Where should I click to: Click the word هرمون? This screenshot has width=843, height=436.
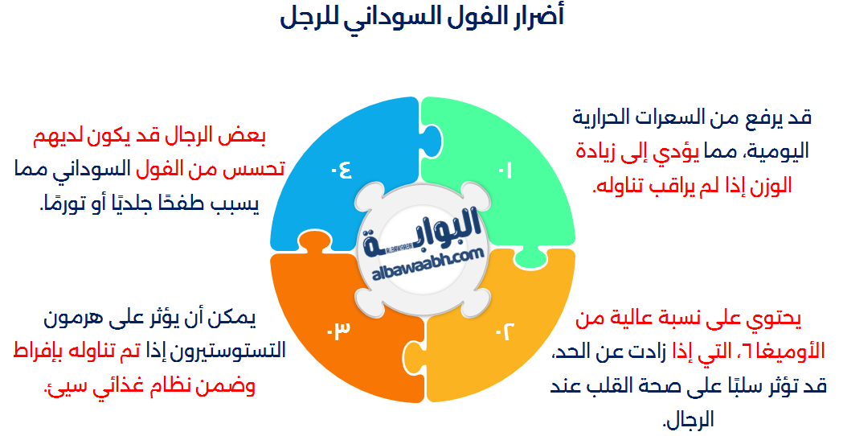pos(68,319)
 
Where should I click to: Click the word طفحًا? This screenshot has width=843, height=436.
pos(182,204)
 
